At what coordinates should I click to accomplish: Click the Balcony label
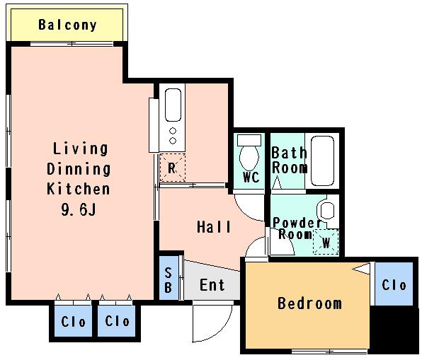(67, 25)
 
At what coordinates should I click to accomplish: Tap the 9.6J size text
(79, 209)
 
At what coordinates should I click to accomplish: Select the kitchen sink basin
(173, 105)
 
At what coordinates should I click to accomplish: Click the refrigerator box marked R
(173, 168)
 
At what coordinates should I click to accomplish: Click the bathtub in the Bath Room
(322, 161)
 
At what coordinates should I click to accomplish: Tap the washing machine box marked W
(326, 242)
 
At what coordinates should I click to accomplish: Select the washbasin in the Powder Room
(326, 211)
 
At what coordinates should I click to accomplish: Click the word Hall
(214, 227)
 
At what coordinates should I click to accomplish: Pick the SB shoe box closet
(169, 278)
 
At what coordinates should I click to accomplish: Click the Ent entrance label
(212, 285)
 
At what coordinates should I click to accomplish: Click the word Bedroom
(309, 303)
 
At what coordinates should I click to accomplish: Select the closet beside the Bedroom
(394, 284)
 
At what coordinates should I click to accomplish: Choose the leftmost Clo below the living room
(73, 321)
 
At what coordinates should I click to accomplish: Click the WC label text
(251, 178)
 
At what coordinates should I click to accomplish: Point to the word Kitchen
(79, 189)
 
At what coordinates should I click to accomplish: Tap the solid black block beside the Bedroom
(394, 330)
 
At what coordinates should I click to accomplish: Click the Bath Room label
(290, 161)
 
